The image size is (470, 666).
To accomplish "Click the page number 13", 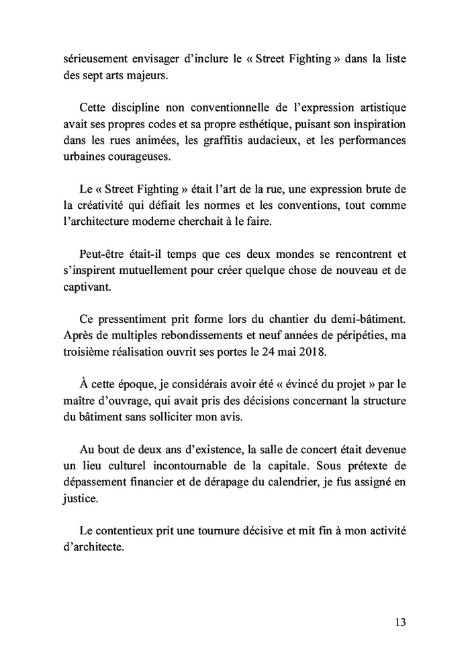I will click(399, 622).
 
